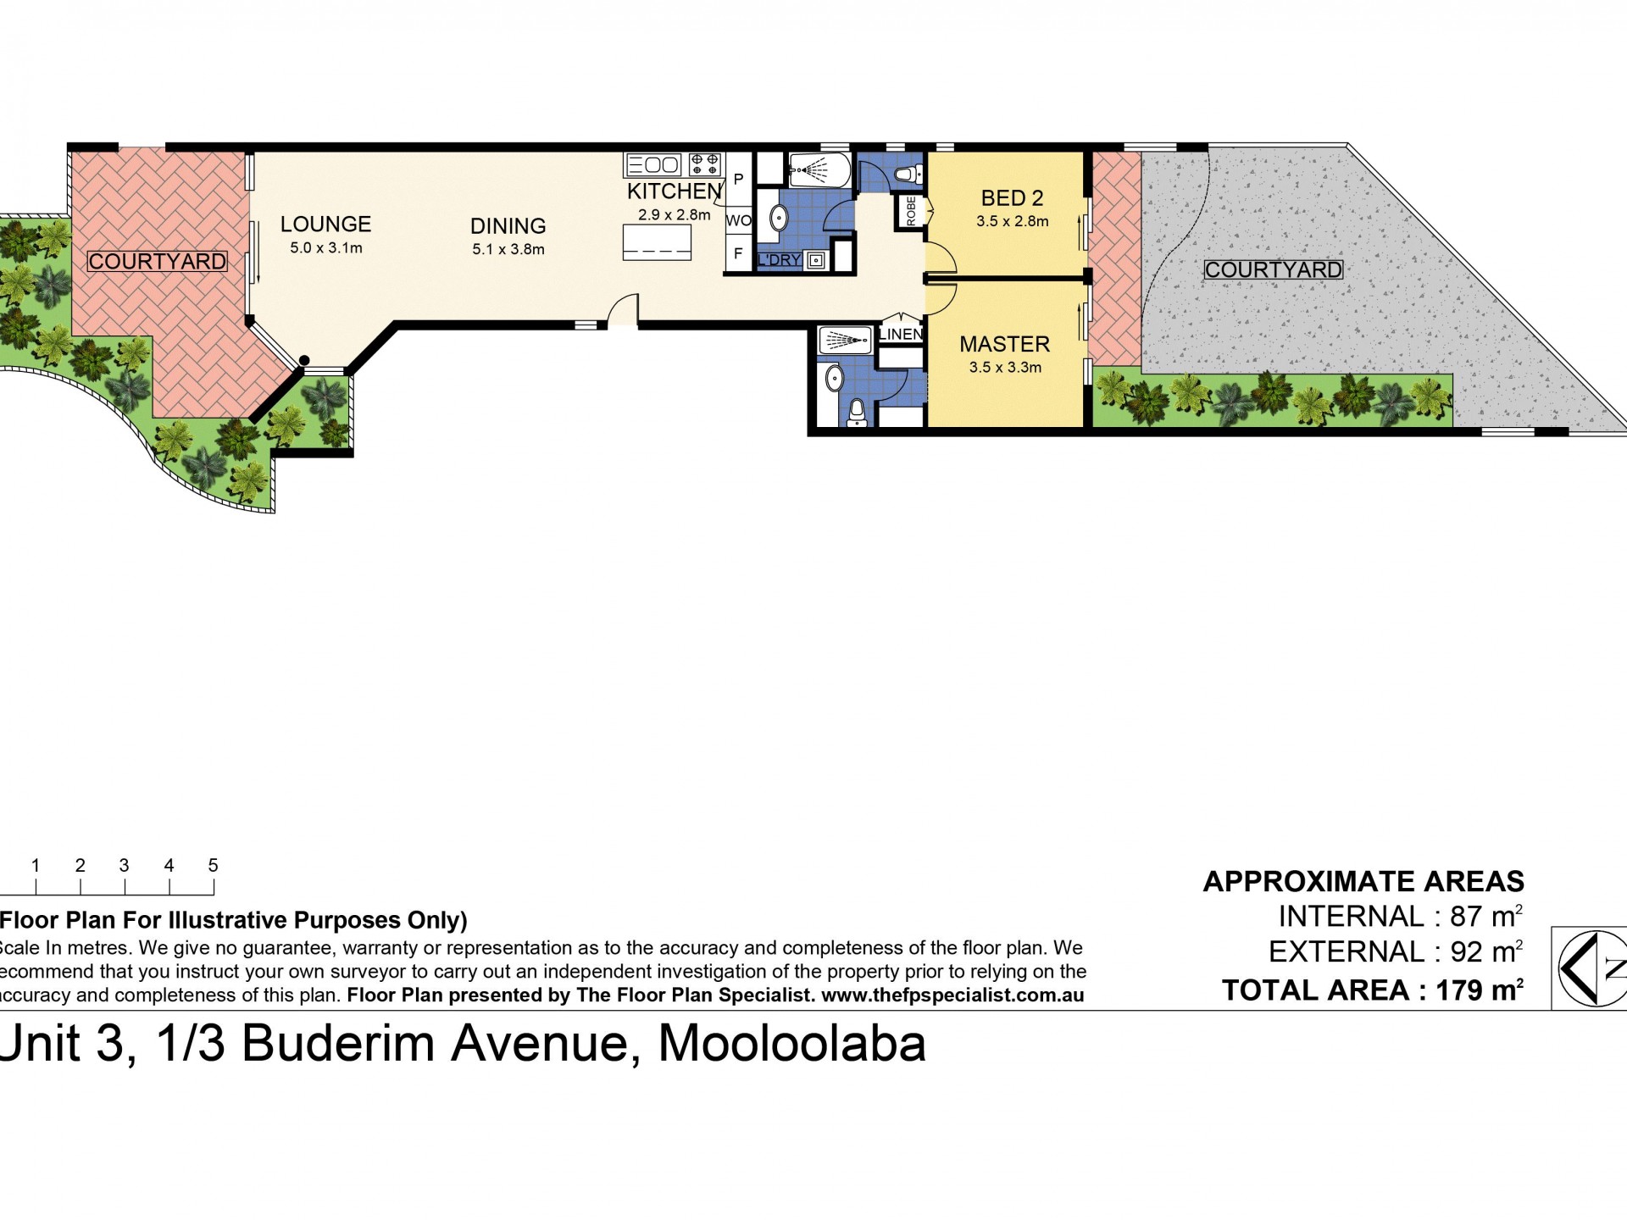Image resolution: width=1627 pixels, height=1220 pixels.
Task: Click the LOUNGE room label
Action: pos(325,224)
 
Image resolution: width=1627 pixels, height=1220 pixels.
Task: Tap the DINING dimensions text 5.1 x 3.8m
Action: pos(508,249)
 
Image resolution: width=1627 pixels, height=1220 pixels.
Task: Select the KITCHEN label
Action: pos(675,191)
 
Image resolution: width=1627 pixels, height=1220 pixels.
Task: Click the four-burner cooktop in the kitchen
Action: pos(706,163)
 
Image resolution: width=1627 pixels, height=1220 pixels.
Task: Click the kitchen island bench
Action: pos(657,242)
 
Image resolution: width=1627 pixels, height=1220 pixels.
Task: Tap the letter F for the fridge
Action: pos(738,253)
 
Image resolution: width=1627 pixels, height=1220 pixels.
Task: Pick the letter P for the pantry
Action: pos(738,180)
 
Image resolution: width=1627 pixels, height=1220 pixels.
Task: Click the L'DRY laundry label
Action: pos(779,260)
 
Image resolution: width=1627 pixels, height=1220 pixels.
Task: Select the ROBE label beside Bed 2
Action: pos(911,211)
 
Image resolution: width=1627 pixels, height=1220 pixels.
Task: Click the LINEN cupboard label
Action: pos(901,335)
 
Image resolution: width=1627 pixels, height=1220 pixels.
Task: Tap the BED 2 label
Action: pos(1012,198)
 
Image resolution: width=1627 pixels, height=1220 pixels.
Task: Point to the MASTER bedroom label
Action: pos(1004,344)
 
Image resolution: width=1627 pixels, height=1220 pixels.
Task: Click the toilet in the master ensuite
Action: pos(857,412)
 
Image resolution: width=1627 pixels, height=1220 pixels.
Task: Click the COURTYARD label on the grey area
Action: pos(1273,270)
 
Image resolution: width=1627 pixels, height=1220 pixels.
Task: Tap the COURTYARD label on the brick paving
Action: pos(158,262)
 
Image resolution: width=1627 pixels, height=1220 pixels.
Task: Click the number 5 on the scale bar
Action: pos(213,865)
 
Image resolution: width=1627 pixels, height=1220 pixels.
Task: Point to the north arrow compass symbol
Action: pos(1591,968)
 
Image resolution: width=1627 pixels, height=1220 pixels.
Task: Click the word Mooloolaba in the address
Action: pos(792,1044)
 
